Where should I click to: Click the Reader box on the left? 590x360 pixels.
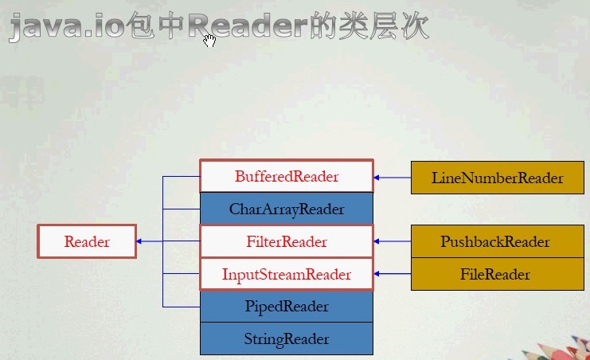point(87,241)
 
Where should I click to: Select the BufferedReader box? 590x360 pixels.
point(286,177)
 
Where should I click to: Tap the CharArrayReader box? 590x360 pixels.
point(286,209)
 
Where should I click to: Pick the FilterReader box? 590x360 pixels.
point(286,241)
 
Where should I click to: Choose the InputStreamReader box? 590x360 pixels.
point(286,275)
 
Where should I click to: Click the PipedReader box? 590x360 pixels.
point(286,307)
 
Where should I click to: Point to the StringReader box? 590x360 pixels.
point(286,338)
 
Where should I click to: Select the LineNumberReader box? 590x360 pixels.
point(498,178)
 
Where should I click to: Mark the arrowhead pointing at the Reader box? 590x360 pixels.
point(140,241)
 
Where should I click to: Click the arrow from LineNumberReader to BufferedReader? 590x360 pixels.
point(392,178)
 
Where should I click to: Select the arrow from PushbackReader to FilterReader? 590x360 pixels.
point(392,241)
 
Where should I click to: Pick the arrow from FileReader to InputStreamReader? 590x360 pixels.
point(392,275)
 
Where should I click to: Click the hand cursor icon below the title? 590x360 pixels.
point(209,41)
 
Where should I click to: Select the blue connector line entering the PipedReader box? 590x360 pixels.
point(181,307)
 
